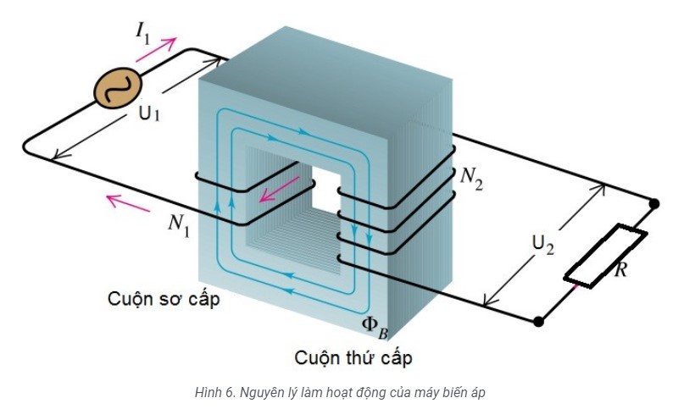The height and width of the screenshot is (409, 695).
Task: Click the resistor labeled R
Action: click(x=606, y=255)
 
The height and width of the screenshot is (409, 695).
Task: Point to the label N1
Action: click(x=177, y=224)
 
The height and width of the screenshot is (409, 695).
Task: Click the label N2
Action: click(x=471, y=177)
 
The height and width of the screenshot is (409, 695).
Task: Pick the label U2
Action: click(x=543, y=244)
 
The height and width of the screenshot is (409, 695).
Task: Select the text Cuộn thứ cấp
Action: click(x=353, y=358)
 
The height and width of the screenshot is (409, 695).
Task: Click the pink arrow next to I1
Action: click(x=158, y=51)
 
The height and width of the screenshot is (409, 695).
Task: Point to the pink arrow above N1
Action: click(x=122, y=202)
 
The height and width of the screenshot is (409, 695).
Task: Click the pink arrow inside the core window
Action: click(x=279, y=192)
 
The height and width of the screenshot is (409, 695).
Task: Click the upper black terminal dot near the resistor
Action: click(x=654, y=204)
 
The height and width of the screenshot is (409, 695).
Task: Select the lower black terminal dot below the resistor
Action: click(x=538, y=321)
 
